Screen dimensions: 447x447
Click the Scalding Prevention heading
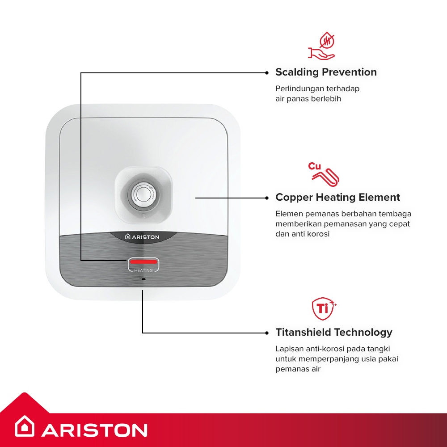pos(326,72)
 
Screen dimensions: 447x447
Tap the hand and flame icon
pos(321,46)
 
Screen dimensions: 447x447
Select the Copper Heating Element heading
pos(337,197)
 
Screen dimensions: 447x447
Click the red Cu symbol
pos(314,166)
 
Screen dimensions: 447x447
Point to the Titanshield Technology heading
pos(334,333)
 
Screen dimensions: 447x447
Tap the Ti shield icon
pos(324,308)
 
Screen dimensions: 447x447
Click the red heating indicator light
pos(143,261)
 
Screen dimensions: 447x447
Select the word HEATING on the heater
pos(143,270)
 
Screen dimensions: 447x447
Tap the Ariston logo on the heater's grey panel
pos(142,237)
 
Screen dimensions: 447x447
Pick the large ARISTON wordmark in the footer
pos(94,430)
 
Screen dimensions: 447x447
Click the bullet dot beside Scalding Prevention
pos(267,73)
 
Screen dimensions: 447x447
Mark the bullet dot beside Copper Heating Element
pos(267,198)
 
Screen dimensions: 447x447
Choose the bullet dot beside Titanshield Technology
pos(267,333)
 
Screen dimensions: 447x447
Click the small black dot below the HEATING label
pos(143,279)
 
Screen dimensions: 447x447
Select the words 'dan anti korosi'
pos(303,234)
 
